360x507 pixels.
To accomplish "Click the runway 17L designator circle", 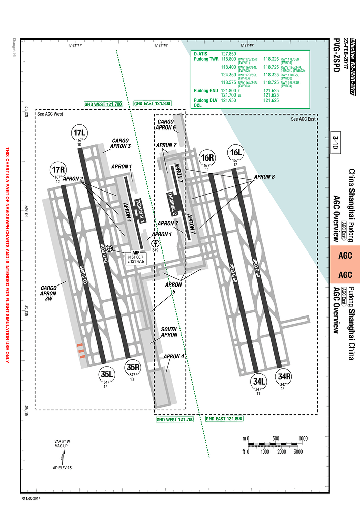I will pyautogui.click(x=80, y=134).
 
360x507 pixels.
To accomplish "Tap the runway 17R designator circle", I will pyautogui.click(x=59, y=170).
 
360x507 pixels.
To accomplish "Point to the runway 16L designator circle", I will pyautogui.click(x=235, y=152).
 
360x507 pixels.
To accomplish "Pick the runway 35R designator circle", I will pyautogui.click(x=133, y=367).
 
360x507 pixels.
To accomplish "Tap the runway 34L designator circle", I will pyautogui.click(x=258, y=382).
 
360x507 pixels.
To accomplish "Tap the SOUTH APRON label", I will pyautogui.click(x=169, y=332).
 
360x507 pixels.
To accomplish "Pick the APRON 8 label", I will pyautogui.click(x=264, y=177).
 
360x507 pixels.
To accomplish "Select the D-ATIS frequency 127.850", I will pyautogui.click(x=229, y=54).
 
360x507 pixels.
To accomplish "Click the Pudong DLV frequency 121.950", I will pyautogui.click(x=229, y=100).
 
